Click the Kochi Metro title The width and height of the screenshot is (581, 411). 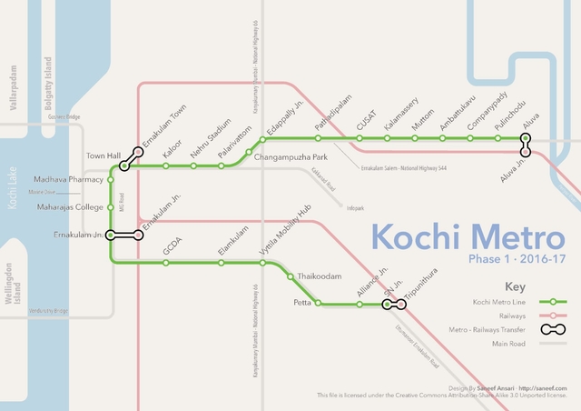pyautogui.click(x=468, y=240)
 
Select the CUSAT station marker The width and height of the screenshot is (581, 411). pyautogui.click(x=359, y=138)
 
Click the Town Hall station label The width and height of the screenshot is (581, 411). pyautogui.click(x=103, y=156)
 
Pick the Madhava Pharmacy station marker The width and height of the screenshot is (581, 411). pyautogui.click(x=111, y=180)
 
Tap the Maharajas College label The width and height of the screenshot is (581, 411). pyautogui.click(x=70, y=207)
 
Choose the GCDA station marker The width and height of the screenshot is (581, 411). pyautogui.click(x=165, y=263)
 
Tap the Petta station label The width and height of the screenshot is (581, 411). pyautogui.click(x=302, y=301)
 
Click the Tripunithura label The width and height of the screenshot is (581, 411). pyautogui.click(x=421, y=284)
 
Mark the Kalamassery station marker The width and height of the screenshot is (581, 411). pyautogui.click(x=387, y=138)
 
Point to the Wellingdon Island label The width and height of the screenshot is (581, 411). pyautogui.click(x=10, y=289)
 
